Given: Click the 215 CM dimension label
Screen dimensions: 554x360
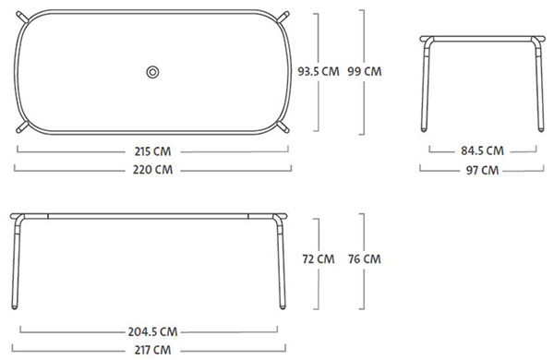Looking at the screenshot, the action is click(x=152, y=151).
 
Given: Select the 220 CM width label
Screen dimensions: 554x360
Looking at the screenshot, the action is click(x=152, y=170).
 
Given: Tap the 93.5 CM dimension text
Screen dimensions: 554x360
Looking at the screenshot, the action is click(x=319, y=71).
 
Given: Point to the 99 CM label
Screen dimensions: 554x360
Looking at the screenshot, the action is click(x=365, y=71).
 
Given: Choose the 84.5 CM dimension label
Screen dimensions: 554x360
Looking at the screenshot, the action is click(x=482, y=150).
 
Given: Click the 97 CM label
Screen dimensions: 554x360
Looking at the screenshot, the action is click(x=483, y=170).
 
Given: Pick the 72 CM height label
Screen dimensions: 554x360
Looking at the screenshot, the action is click(x=319, y=259).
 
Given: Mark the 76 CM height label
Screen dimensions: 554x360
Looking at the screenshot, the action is click(x=365, y=259).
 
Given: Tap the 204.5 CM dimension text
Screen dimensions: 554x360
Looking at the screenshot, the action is click(x=152, y=331).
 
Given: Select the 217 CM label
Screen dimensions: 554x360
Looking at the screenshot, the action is click(x=152, y=350).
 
